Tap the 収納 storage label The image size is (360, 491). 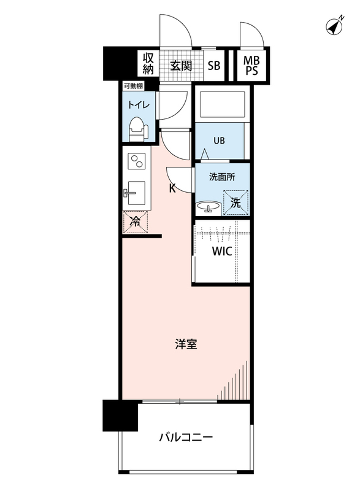[x=148, y=64]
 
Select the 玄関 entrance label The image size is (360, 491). [x=182, y=65]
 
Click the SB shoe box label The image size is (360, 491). [x=213, y=66]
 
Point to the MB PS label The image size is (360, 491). [x=251, y=66]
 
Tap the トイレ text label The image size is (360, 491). [x=138, y=104]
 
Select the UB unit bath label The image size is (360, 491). [x=219, y=140]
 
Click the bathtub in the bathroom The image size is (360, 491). [x=221, y=106]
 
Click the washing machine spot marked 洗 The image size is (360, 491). [x=236, y=201]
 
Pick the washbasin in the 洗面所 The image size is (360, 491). [x=208, y=207]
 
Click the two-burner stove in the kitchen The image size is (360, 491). [x=137, y=163]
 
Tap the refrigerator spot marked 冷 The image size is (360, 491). [x=135, y=222]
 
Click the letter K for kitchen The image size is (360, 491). [x=172, y=188]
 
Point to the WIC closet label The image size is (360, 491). [x=222, y=252]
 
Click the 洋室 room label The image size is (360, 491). [x=185, y=344]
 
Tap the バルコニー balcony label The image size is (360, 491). [x=185, y=438]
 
